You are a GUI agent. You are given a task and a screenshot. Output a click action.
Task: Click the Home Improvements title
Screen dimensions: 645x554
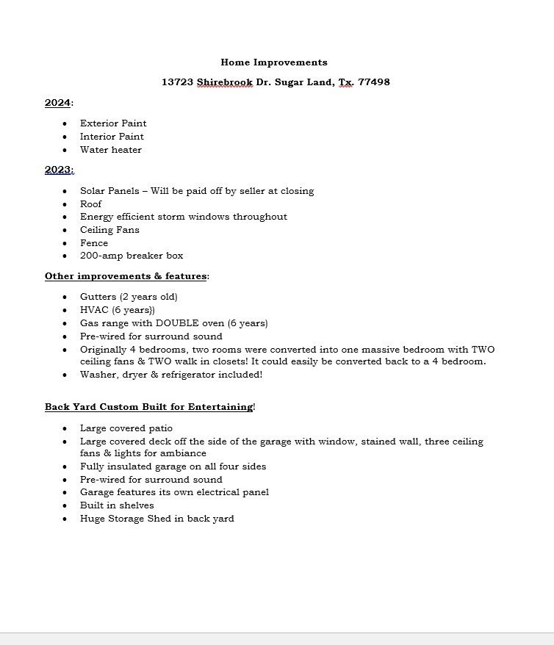point(274,62)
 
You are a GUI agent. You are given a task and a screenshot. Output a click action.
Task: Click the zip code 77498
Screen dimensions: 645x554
point(374,82)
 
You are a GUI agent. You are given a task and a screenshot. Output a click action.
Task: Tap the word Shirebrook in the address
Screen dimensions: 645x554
point(224,82)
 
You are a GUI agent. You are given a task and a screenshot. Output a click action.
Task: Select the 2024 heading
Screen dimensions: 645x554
point(57,103)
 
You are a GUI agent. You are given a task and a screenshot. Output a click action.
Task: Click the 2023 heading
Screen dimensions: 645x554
point(58,170)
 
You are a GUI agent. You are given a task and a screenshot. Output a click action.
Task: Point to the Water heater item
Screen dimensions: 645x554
point(111,150)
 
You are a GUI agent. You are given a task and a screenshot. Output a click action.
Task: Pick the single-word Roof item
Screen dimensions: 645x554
point(91,204)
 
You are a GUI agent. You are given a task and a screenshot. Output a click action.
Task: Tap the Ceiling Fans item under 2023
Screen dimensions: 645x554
point(109,230)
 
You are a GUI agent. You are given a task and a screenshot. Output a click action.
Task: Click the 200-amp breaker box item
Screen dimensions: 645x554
point(132,256)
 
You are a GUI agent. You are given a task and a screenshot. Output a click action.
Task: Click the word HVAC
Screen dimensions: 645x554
point(94,310)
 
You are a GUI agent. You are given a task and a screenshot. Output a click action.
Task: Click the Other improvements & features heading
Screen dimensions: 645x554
point(126,276)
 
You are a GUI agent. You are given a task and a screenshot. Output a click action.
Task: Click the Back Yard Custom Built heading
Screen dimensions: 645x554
point(148,407)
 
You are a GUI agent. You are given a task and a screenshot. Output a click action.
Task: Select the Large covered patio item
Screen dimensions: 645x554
point(126,428)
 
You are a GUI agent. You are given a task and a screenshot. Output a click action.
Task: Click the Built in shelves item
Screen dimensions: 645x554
point(117,505)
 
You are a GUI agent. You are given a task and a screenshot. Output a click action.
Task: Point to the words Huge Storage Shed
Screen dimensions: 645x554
point(120,519)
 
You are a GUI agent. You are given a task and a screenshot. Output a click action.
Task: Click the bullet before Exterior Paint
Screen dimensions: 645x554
point(65,124)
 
